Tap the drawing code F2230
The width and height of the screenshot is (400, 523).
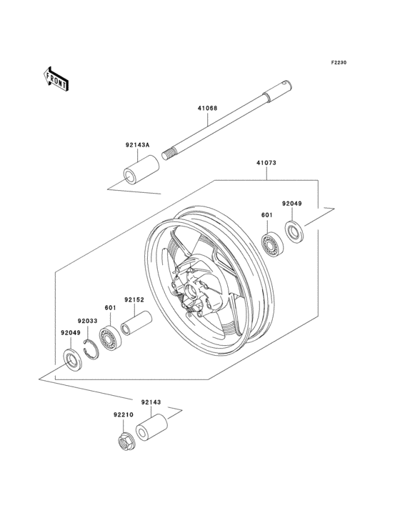point(338,63)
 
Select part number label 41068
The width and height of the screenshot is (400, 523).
point(208,109)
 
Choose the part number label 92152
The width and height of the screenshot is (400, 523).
point(134,300)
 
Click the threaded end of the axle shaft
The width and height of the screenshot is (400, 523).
point(170,152)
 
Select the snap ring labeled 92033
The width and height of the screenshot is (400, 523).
point(91,347)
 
